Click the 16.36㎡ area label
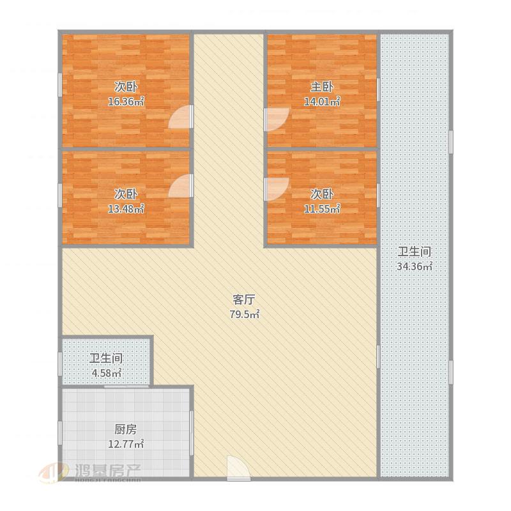(x=126, y=102)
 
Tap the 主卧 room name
(x=322, y=87)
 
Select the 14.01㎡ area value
(x=322, y=102)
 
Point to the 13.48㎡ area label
(x=126, y=209)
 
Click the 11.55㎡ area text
(x=322, y=209)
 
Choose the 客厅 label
(x=244, y=299)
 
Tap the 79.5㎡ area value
(x=245, y=314)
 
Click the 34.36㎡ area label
(x=415, y=266)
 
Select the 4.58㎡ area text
(x=107, y=373)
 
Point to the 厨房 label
(x=125, y=429)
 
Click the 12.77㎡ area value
(x=126, y=444)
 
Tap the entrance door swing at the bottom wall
(x=238, y=467)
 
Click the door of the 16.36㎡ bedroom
(x=180, y=116)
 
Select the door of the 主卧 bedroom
(x=277, y=119)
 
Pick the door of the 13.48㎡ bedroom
(x=180, y=186)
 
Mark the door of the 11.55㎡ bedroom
(x=277, y=189)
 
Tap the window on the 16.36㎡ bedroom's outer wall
(x=60, y=85)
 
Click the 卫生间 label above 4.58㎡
(x=106, y=358)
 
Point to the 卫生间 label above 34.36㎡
(x=415, y=252)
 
